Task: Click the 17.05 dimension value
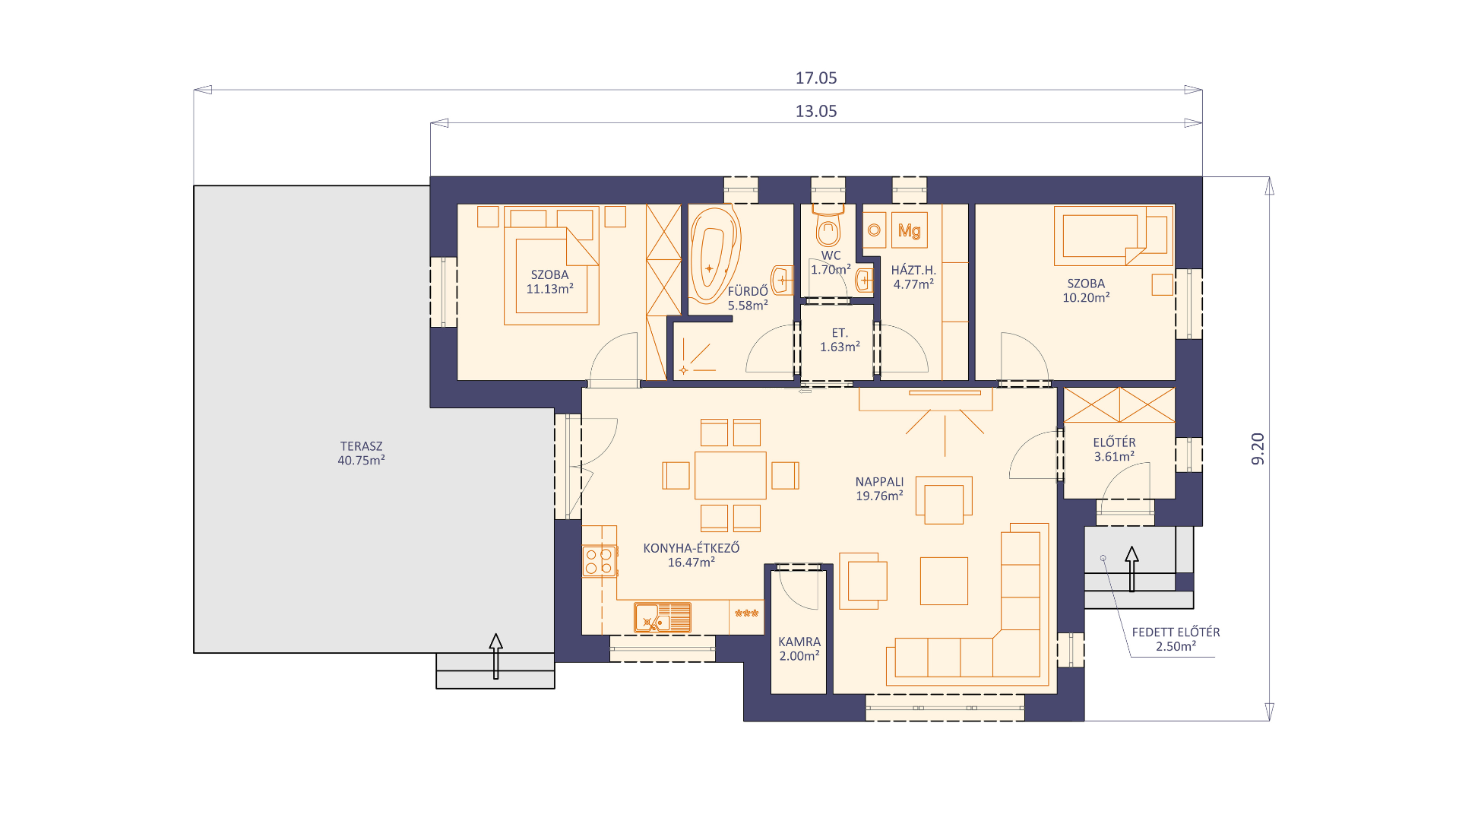816,78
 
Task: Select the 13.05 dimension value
816,111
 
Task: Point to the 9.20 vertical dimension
1258,449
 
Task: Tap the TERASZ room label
361,446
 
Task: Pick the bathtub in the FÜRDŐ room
714,255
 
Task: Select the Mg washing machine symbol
909,230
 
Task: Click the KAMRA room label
799,642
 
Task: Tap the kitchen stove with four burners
599,561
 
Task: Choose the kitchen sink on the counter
663,618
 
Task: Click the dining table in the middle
730,475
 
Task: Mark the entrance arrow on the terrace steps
496,656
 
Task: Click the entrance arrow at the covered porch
1131,569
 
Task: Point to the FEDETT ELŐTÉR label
1176,632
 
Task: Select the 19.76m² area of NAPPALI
879,496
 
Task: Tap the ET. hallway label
840,333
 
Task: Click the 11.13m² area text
549,289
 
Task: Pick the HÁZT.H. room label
913,270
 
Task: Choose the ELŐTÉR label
1114,442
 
